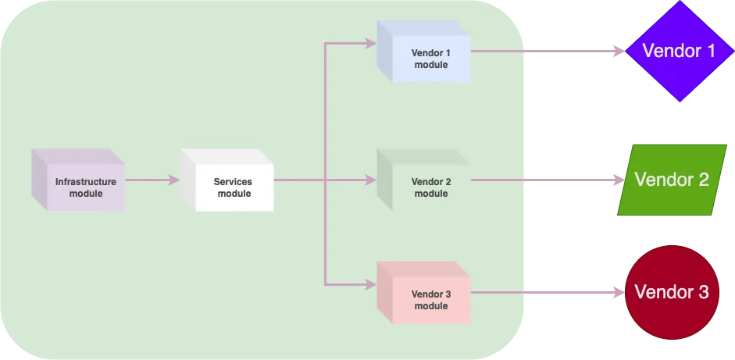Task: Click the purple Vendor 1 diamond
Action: [x=678, y=52]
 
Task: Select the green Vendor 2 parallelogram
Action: [x=673, y=180]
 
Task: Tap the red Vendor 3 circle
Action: [x=671, y=293]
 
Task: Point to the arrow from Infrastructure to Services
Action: [x=152, y=180]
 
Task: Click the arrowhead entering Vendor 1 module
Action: [x=372, y=44]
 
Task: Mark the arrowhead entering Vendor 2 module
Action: [x=372, y=180]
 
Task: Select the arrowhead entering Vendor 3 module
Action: [x=372, y=284]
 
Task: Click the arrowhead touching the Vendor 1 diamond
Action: [x=619, y=52]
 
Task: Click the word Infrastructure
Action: [x=86, y=182]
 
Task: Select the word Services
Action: [x=233, y=182]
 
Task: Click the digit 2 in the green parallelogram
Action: [x=701, y=180]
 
